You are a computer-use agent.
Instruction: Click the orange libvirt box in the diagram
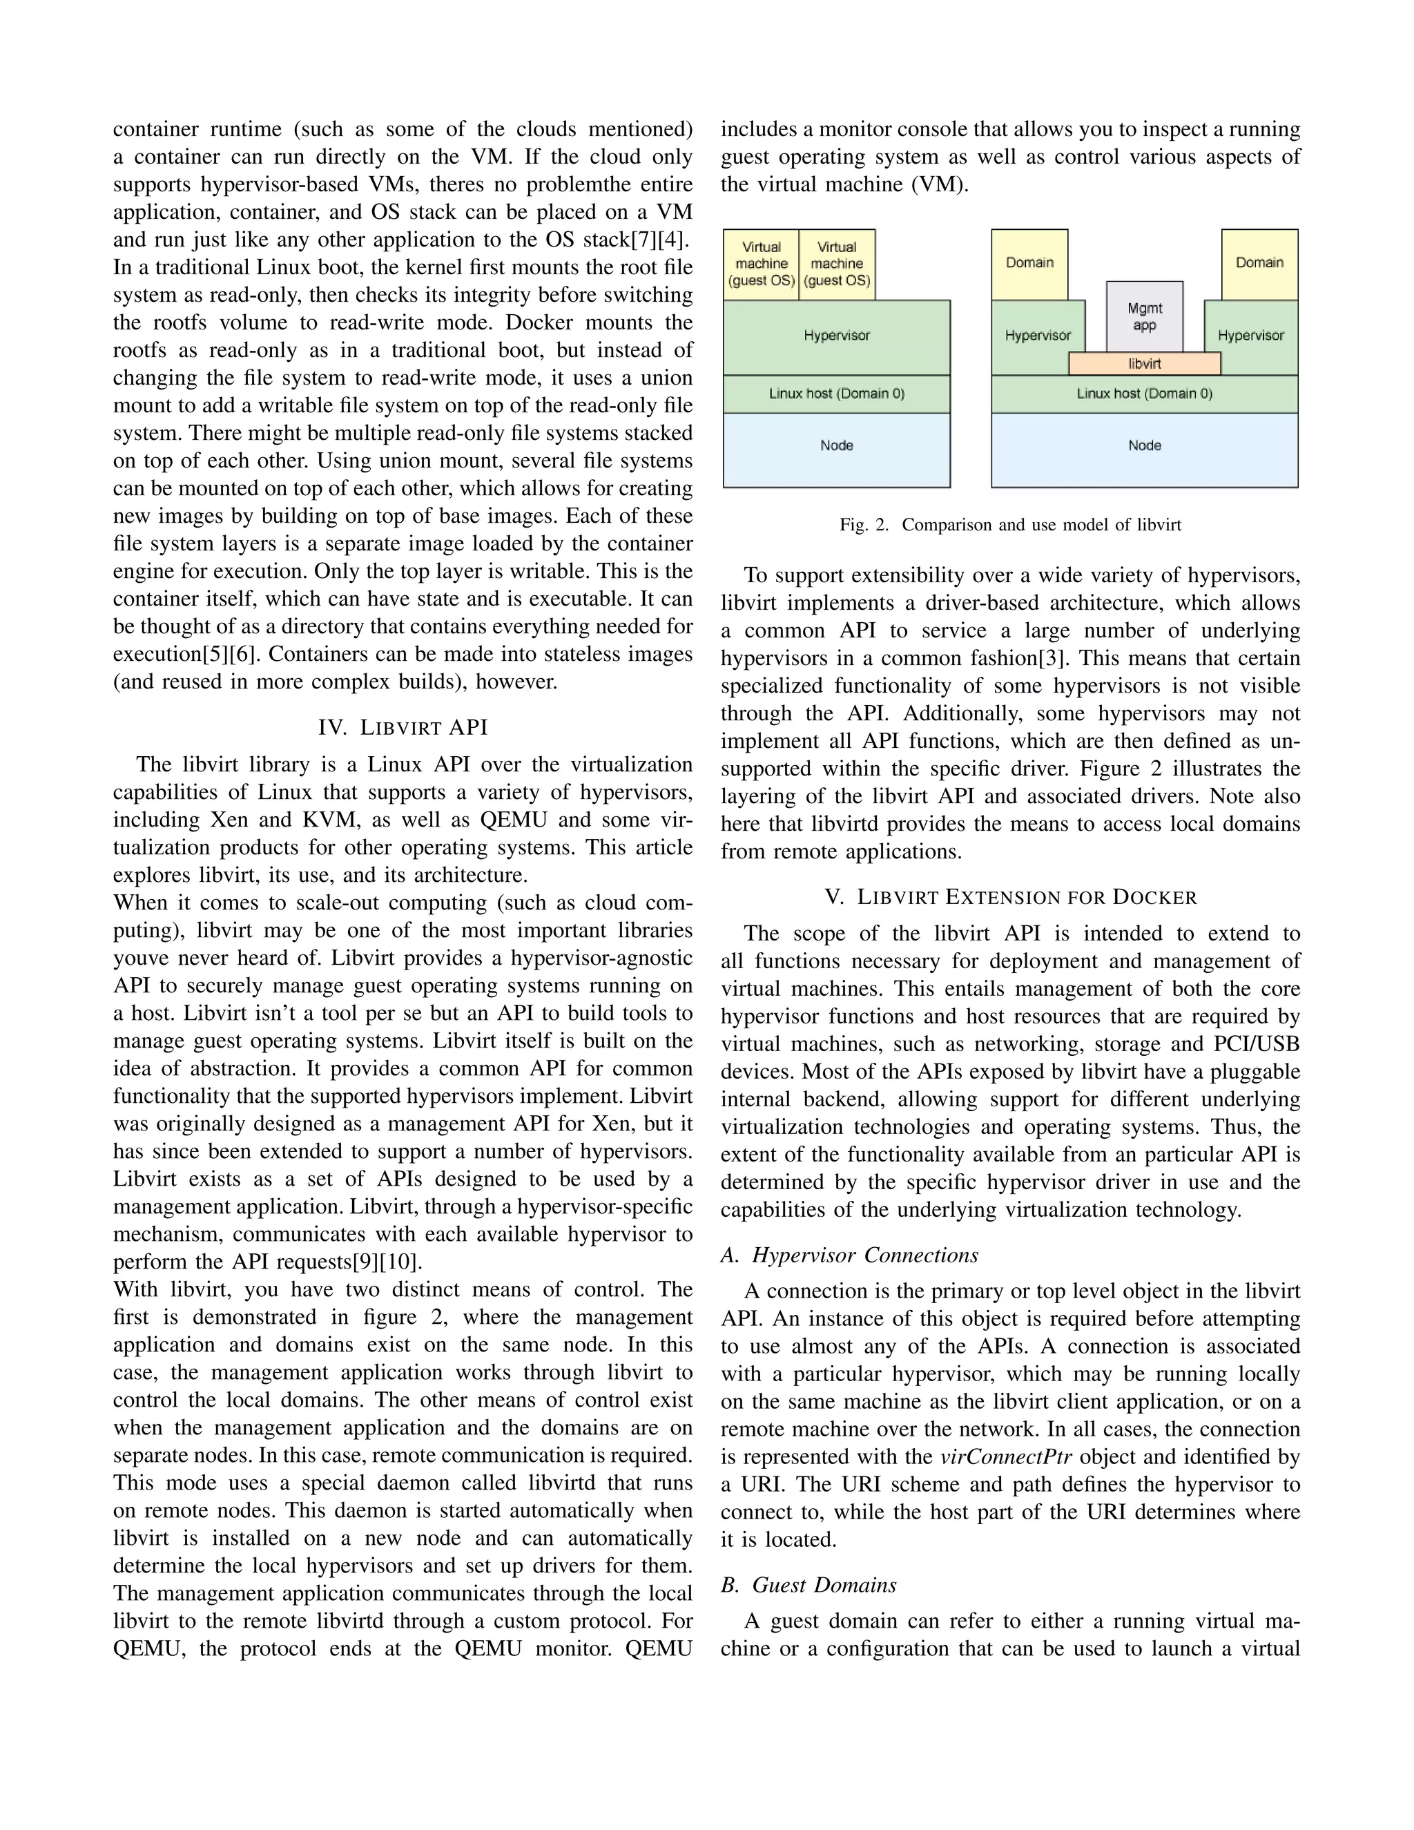[1144, 364]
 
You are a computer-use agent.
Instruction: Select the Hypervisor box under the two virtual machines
[836, 336]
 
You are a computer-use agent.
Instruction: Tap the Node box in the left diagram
[836, 447]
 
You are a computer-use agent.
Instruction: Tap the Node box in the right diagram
[1144, 447]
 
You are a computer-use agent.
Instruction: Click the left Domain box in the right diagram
[1029, 263]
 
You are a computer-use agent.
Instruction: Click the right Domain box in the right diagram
[1259, 263]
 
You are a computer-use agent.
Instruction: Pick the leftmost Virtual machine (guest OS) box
[762, 264]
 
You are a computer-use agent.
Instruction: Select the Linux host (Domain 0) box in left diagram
[836, 394]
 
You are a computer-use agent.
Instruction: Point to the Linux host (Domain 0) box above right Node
[1144, 394]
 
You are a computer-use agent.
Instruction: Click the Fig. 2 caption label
[1010, 526]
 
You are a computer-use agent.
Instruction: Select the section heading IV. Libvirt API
[403, 727]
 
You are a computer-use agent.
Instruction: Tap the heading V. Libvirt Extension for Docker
[1010, 898]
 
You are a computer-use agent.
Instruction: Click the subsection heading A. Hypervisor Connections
[849, 1255]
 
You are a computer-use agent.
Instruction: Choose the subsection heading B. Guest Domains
[808, 1586]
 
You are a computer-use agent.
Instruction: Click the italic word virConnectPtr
[1005, 1457]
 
